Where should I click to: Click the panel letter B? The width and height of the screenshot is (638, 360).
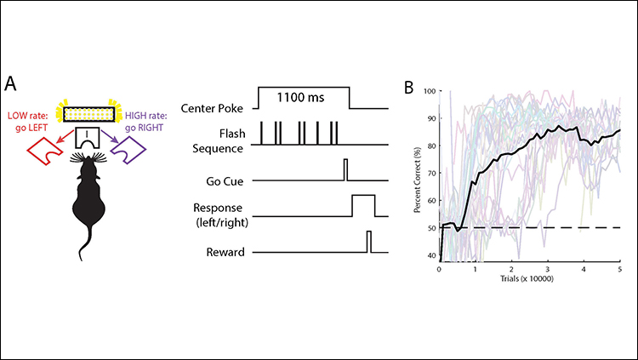point(408,87)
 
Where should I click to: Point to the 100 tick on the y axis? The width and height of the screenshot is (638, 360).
point(429,91)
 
